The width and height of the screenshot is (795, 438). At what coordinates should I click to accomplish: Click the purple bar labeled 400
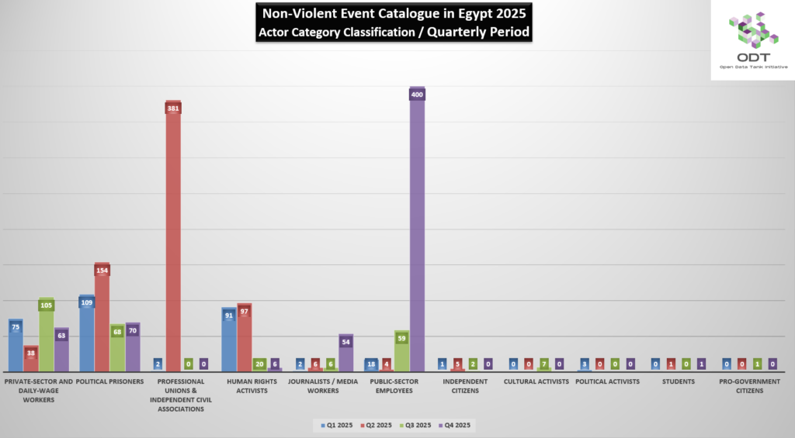417,233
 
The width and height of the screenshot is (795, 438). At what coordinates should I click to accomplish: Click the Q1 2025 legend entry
336,425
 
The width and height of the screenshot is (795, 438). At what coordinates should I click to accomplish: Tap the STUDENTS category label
678,381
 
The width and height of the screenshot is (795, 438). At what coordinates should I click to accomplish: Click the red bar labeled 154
102,318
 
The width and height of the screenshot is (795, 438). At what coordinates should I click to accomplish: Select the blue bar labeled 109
87,333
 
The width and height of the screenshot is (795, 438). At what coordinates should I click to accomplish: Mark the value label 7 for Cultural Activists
544,363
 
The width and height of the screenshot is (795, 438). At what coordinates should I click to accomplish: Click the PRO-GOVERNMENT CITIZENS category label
748,386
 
